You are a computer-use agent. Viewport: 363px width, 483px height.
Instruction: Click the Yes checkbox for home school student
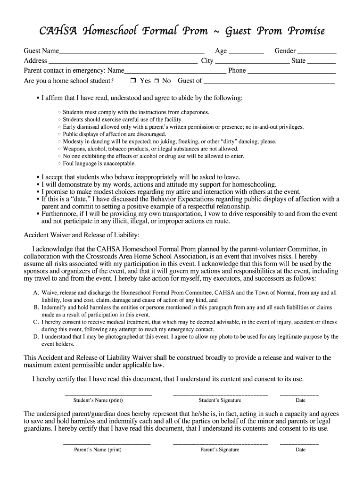[133, 81]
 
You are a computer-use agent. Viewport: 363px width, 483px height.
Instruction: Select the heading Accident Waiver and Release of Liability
[81, 235]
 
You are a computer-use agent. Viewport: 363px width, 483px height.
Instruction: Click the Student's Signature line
[220, 394]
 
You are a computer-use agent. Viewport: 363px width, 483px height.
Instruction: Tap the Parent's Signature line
[220, 443]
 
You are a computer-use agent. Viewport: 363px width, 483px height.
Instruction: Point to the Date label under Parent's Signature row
[300, 450]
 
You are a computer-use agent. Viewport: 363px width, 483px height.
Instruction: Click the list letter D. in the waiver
[36, 337]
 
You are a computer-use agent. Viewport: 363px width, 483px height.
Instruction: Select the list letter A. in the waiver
[36, 293]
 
